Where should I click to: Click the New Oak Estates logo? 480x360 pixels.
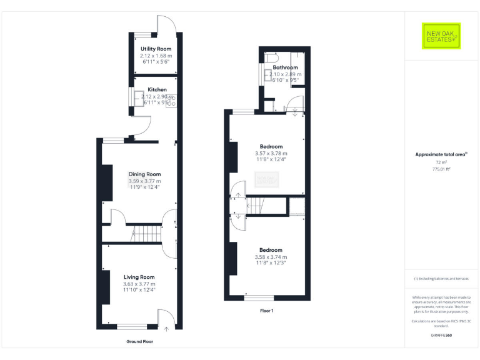pyautogui.click(x=441, y=36)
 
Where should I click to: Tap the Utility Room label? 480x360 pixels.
pyautogui.click(x=156, y=49)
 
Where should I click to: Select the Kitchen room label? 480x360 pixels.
pyautogui.click(x=157, y=89)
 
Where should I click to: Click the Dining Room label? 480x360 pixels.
pyautogui.click(x=145, y=174)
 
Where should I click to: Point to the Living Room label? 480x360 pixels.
pyautogui.click(x=139, y=277)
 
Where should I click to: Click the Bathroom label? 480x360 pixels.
pyautogui.click(x=285, y=67)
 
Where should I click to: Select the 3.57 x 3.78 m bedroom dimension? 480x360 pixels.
pyautogui.click(x=271, y=153)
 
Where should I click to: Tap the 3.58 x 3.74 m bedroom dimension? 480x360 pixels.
pyautogui.click(x=271, y=257)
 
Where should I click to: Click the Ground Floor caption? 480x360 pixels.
pyautogui.click(x=139, y=342)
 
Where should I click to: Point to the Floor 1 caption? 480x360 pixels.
pyautogui.click(x=267, y=311)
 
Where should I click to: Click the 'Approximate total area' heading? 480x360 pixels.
pyautogui.click(x=441, y=154)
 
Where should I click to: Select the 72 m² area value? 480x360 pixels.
pyautogui.click(x=441, y=162)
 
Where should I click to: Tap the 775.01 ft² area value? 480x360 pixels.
pyautogui.click(x=441, y=169)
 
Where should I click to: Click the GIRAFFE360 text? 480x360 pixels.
pyautogui.click(x=441, y=336)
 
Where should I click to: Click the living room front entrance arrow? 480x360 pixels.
pyautogui.click(x=166, y=327)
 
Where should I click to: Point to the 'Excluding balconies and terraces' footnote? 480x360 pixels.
pyautogui.click(x=441, y=278)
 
